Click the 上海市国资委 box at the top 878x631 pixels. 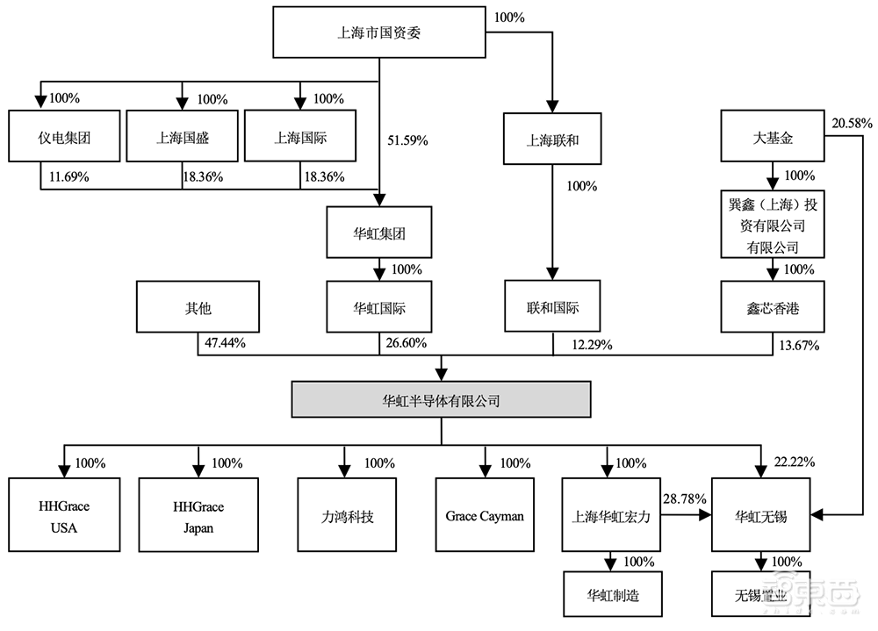click(380, 33)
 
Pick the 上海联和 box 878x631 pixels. click(552, 138)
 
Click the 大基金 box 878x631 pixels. click(771, 137)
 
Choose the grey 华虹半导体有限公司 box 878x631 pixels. click(441, 400)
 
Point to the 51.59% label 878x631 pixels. click(409, 139)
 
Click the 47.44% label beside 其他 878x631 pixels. click(224, 344)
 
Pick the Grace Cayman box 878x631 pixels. click(485, 515)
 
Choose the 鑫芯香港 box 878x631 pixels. click(771, 307)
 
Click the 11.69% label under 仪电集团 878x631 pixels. click(68, 176)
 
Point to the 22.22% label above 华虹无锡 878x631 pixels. click(794, 462)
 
